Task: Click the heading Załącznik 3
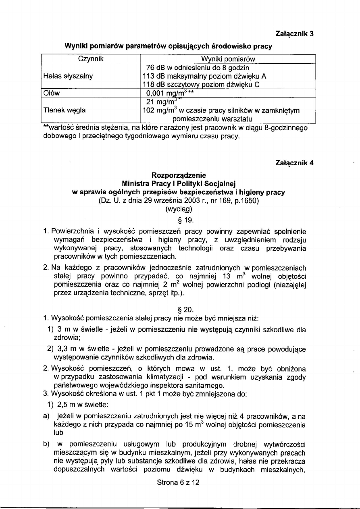coord(294,34)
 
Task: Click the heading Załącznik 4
coord(294,163)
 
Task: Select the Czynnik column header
coord(91,59)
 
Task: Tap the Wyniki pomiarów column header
coord(228,59)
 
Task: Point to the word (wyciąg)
coord(178,209)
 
